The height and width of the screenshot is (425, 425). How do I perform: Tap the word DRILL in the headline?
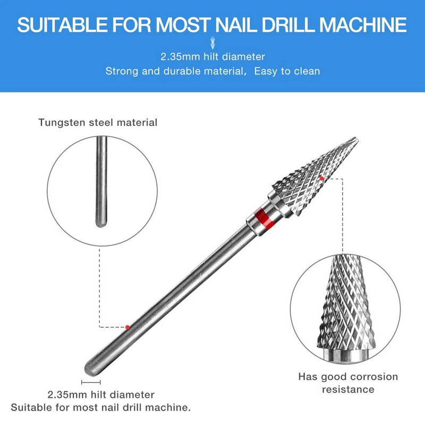[x=285, y=24]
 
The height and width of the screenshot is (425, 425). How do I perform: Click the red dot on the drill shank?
[x=128, y=327]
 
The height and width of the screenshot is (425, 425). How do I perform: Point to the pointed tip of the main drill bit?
[x=356, y=139]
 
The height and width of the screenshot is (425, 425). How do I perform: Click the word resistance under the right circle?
[x=348, y=389]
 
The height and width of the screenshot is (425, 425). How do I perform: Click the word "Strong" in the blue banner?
[x=122, y=71]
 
